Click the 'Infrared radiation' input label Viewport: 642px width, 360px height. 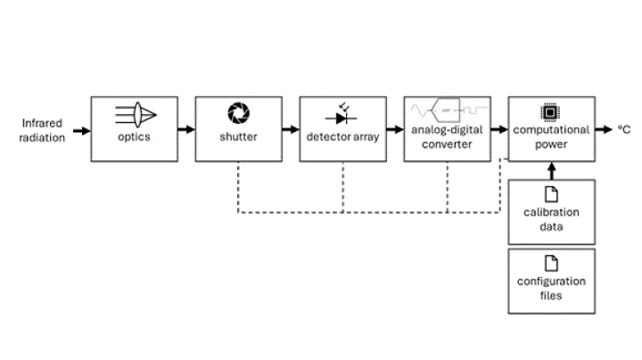point(41,130)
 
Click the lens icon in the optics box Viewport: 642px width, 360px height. point(135,114)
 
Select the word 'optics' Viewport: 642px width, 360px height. point(135,137)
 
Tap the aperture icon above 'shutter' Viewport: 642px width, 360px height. point(239,113)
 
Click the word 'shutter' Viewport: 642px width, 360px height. point(239,137)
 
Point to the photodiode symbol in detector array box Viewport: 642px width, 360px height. point(342,116)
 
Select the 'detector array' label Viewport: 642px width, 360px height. point(342,137)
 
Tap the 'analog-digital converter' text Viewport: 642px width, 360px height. point(447,137)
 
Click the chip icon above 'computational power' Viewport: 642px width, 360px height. point(550,112)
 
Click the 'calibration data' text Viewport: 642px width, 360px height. point(551,219)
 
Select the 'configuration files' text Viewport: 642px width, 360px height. point(551,288)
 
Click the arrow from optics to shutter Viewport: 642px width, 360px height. point(185,130)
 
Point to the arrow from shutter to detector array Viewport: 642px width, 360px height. point(290,130)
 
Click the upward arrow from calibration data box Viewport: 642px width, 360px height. point(551,169)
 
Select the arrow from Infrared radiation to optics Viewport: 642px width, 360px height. point(81,131)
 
